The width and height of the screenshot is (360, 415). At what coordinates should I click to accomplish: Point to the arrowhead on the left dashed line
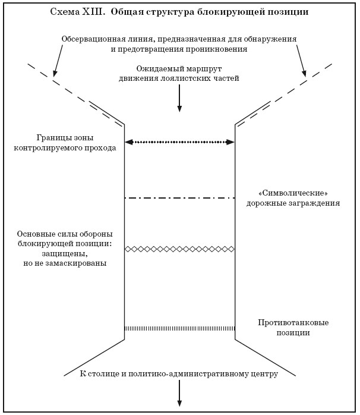[x=55, y=74]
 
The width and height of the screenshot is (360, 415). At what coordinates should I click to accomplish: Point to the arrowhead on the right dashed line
[x=304, y=74]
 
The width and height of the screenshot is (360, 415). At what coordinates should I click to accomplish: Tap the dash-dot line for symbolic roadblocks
[x=179, y=197]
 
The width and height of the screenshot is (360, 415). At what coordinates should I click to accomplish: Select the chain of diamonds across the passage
[x=179, y=249]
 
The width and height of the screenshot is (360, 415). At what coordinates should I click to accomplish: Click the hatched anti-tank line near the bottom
[x=179, y=328]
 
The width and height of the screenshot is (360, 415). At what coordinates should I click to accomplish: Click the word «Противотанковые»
[x=293, y=323]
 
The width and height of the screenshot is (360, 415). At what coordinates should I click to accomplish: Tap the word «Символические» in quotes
[x=293, y=193]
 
